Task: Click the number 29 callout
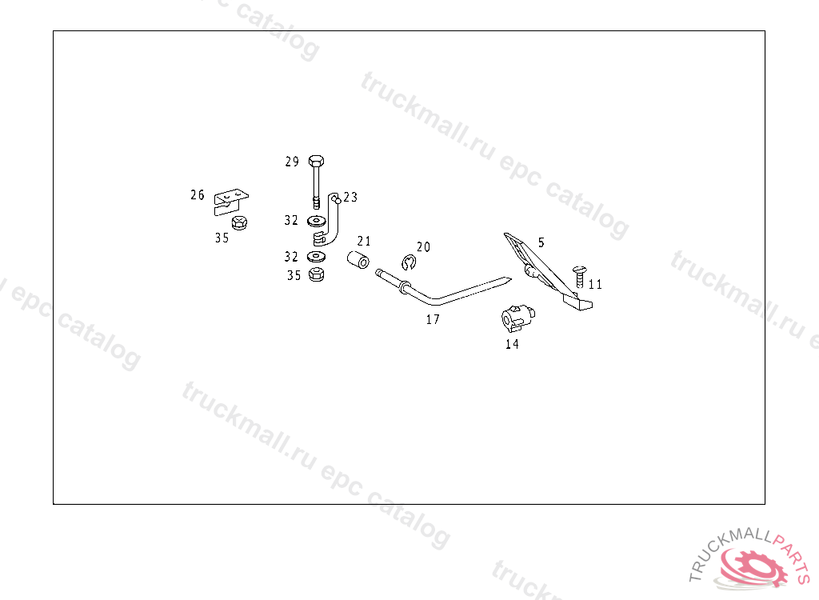click(x=292, y=162)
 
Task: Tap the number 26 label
click(x=198, y=194)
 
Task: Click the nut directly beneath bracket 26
click(x=238, y=223)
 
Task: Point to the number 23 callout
click(x=350, y=197)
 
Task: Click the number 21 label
click(x=364, y=241)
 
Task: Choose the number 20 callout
click(x=423, y=246)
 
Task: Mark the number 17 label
click(x=433, y=319)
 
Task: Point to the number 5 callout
click(x=541, y=241)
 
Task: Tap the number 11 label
click(x=595, y=284)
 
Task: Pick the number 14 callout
click(x=512, y=344)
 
